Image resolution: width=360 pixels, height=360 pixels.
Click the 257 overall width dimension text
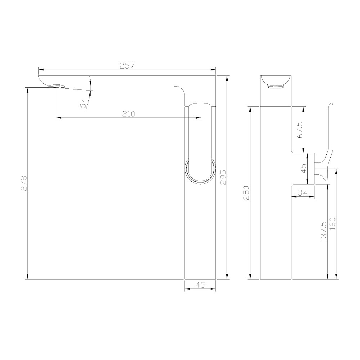(x=127, y=66)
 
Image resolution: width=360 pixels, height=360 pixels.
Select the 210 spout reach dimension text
(x=128, y=114)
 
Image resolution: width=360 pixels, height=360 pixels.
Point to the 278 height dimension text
(x=24, y=183)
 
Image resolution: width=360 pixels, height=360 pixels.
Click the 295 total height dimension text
(x=223, y=177)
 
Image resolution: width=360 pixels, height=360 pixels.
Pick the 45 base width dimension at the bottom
(x=200, y=285)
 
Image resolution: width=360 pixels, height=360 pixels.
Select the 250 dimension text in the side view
(x=246, y=193)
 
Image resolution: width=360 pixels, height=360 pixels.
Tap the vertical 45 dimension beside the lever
(x=303, y=169)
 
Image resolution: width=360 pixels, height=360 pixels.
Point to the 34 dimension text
(x=303, y=192)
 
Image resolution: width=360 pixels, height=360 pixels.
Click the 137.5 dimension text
(x=323, y=231)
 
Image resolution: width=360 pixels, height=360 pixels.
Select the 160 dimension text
(x=332, y=226)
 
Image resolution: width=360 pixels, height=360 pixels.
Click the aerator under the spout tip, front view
(x=56, y=86)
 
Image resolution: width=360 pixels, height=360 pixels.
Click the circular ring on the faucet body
(x=200, y=171)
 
